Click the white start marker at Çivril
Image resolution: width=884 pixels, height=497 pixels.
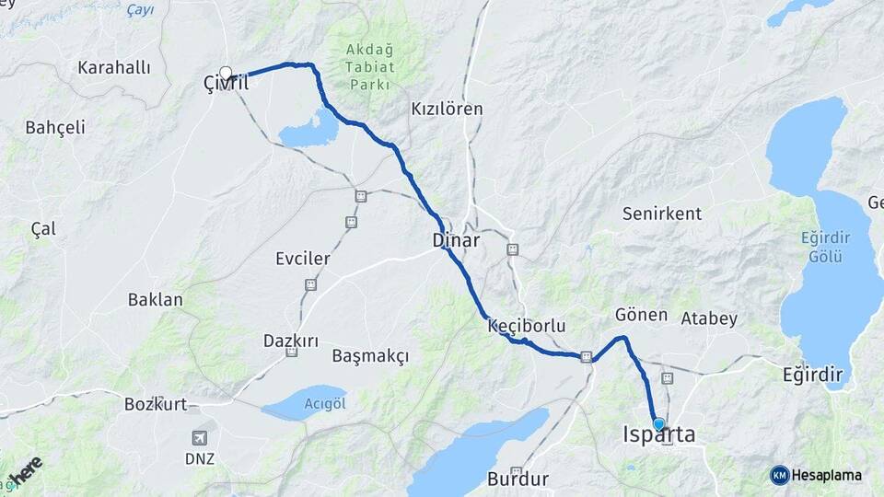[x=226, y=73]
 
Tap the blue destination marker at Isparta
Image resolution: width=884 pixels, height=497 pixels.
[x=658, y=424]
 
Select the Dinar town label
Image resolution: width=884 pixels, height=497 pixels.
[x=456, y=241]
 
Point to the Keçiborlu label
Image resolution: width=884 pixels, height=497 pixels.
[x=526, y=326]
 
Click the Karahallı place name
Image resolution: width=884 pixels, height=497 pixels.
[x=114, y=67]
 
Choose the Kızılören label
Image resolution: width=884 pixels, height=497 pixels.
[x=447, y=109]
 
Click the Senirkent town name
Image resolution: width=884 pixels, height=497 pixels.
[x=662, y=214]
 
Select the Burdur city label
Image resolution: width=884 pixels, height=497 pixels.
[x=518, y=479]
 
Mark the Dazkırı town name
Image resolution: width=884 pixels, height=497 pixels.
[x=291, y=341]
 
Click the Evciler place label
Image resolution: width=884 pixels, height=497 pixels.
[x=302, y=259]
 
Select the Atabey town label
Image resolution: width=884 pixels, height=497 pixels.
[x=709, y=319]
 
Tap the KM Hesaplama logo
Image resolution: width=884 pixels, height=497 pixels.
[x=817, y=475]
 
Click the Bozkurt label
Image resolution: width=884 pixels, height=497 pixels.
[x=156, y=403]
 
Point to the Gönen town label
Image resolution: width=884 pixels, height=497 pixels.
[x=641, y=315]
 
